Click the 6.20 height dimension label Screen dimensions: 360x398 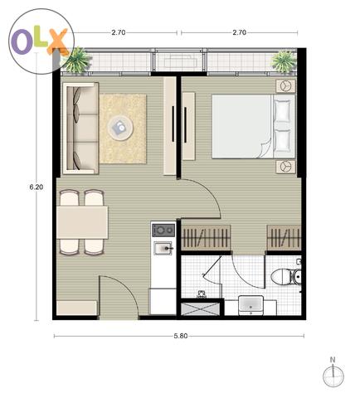(36, 187)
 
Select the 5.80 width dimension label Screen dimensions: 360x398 (181, 336)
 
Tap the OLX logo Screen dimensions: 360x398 (41, 41)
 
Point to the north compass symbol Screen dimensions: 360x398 (333, 374)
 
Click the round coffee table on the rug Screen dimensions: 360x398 (120, 128)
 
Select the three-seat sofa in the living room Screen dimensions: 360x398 (80, 129)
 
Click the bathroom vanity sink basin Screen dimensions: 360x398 (251, 305)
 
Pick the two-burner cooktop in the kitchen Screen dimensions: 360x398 (163, 231)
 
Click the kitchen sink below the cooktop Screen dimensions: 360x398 (163, 248)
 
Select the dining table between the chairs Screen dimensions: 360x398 (82, 222)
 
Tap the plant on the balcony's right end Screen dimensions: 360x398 (284, 61)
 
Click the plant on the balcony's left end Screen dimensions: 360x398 (77, 60)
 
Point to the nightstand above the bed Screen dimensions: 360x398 (286, 85)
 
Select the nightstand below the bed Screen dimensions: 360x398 (286, 167)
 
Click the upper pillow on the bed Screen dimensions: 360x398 (282, 110)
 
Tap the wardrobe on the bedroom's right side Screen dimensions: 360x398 (284, 238)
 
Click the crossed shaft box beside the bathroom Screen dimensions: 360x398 (201, 309)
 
